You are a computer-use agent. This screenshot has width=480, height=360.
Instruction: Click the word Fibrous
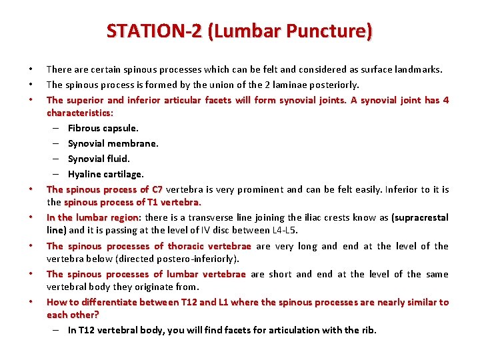[x=84, y=128]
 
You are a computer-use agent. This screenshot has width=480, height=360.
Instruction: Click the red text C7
[x=157, y=189]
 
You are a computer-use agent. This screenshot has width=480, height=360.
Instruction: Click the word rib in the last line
[x=368, y=330]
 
